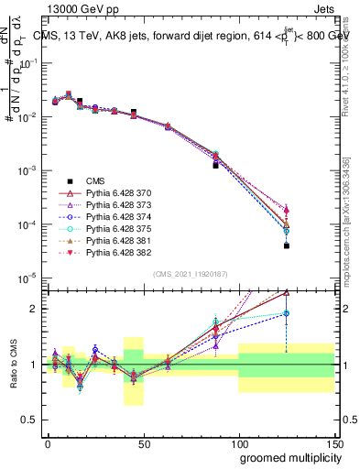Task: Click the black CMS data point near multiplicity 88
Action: coord(215,166)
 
